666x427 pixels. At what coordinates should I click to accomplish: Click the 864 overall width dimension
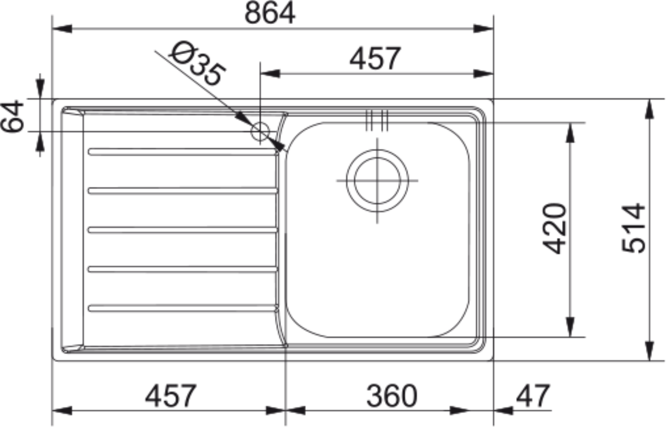270,14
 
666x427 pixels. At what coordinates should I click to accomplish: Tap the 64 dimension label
12,116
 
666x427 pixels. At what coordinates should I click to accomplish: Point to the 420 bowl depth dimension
554,229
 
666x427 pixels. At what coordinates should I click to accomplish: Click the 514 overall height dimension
633,228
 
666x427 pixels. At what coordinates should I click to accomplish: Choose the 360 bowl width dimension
392,396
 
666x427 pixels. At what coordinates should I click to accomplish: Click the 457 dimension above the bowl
375,58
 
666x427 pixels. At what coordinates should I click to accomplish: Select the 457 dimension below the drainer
171,396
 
